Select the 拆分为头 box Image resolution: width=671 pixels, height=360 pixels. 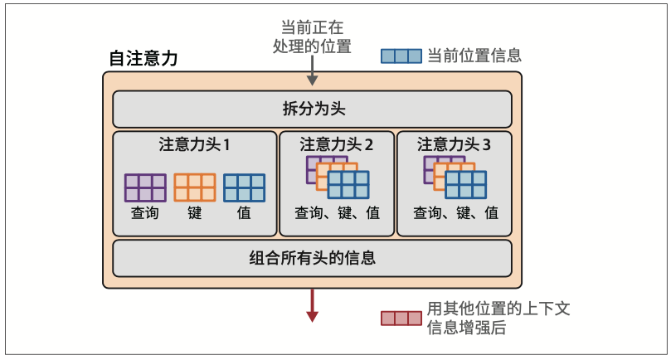pyautogui.click(x=312, y=109)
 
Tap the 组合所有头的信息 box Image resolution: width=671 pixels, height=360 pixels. pyautogui.click(x=312, y=257)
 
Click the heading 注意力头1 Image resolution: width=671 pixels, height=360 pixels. pyautogui.click(x=194, y=144)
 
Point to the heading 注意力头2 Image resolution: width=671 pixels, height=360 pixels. pyautogui.click(x=336, y=144)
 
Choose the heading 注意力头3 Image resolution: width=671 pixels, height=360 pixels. pyautogui.click(x=454, y=144)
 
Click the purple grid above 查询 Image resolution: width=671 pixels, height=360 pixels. pyautogui.click(x=145, y=187)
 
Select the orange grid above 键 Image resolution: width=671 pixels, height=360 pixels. pyautogui.click(x=195, y=187)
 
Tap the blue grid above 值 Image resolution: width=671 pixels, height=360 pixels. pyautogui.click(x=245, y=187)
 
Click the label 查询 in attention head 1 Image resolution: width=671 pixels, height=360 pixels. pyautogui.click(x=145, y=213)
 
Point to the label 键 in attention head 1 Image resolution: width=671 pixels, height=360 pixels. pyautogui.click(x=195, y=213)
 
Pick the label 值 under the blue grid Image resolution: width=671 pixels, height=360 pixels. pyautogui.click(x=244, y=213)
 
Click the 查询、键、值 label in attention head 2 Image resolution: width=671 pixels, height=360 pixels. pyautogui.click(x=337, y=213)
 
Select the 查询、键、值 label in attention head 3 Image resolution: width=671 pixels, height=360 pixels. pyautogui.click(x=455, y=213)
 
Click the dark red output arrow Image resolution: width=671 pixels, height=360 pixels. pyautogui.click(x=312, y=305)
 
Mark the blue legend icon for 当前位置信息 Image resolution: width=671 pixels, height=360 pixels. pyautogui.click(x=401, y=56)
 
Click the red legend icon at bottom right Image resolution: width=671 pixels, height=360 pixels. pyautogui.click(x=401, y=318)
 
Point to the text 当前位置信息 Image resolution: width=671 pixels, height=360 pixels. pyautogui.click(x=474, y=56)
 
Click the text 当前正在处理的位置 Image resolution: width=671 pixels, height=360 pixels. pyautogui.click(x=312, y=37)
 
